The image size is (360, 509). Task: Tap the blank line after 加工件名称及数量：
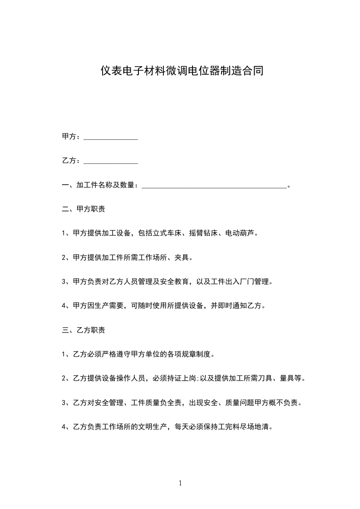[214, 186]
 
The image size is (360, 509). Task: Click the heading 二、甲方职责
[84, 210]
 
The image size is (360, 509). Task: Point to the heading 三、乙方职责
[84, 330]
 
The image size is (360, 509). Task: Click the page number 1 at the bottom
[180, 483]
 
